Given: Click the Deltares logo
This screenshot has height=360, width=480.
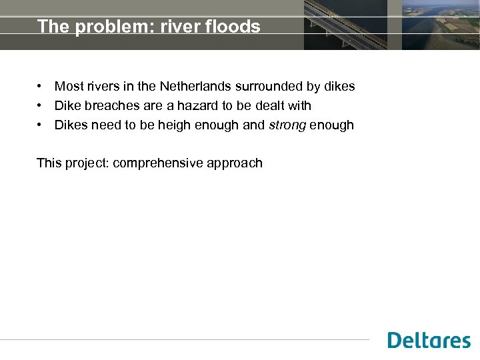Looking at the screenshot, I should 429,340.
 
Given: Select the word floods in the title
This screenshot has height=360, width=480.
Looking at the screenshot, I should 235,27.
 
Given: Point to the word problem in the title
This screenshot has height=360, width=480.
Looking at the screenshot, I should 99,27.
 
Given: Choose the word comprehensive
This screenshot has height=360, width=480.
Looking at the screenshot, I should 167,163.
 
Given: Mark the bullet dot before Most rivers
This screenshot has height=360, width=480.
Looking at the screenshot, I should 41,87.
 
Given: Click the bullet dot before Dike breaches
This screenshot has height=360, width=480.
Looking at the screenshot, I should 41,106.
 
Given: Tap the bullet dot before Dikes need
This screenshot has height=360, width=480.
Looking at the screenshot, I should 41,125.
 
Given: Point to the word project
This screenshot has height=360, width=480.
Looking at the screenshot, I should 87,163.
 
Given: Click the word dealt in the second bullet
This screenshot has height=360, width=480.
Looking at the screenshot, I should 273,106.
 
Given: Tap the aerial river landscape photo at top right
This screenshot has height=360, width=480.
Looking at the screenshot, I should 441,25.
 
